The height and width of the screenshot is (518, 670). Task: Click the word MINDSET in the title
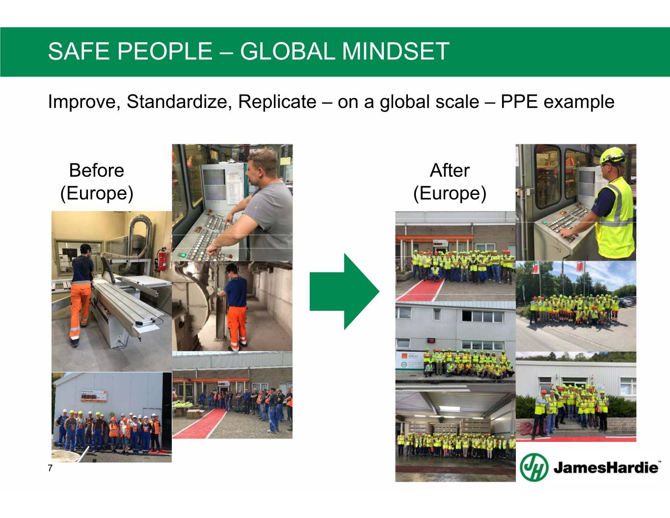click(x=396, y=51)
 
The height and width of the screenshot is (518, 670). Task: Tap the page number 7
click(x=50, y=468)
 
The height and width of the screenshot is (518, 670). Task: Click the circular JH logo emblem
click(x=534, y=467)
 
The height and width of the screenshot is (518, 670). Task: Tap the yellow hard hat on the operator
click(x=613, y=156)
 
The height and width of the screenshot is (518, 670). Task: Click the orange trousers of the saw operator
click(x=80, y=309)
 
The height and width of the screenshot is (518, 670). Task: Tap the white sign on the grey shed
click(x=94, y=396)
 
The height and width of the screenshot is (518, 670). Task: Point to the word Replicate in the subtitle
click(x=277, y=102)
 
